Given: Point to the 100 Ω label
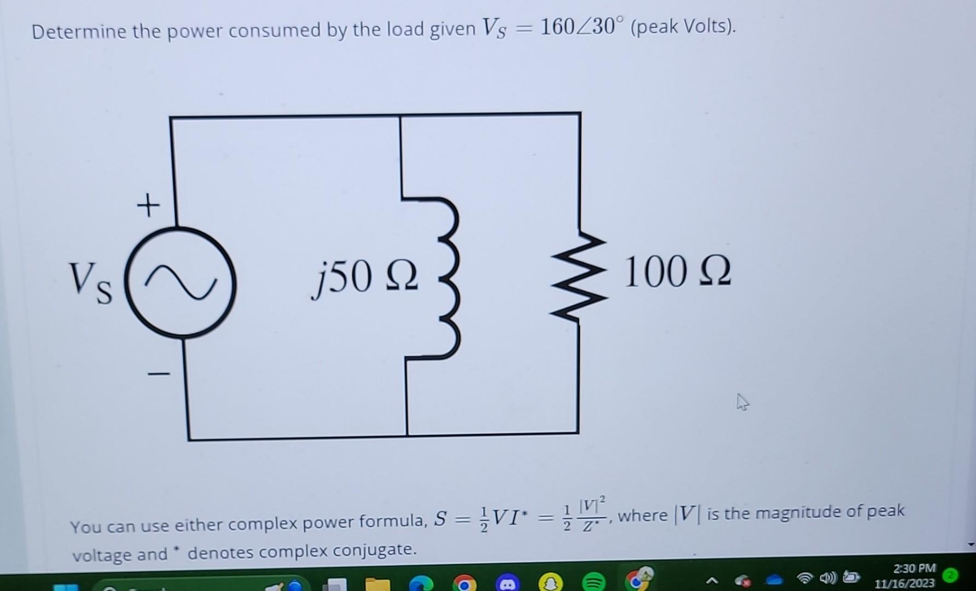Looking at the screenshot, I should [677, 272].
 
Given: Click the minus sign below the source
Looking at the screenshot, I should [159, 374].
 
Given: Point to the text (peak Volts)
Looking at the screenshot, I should [683, 26].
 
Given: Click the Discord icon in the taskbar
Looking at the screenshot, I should [507, 583].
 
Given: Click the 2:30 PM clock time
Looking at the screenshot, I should [914, 569].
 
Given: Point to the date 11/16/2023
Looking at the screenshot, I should [904, 583].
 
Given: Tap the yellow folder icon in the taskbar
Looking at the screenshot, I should [377, 584].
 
